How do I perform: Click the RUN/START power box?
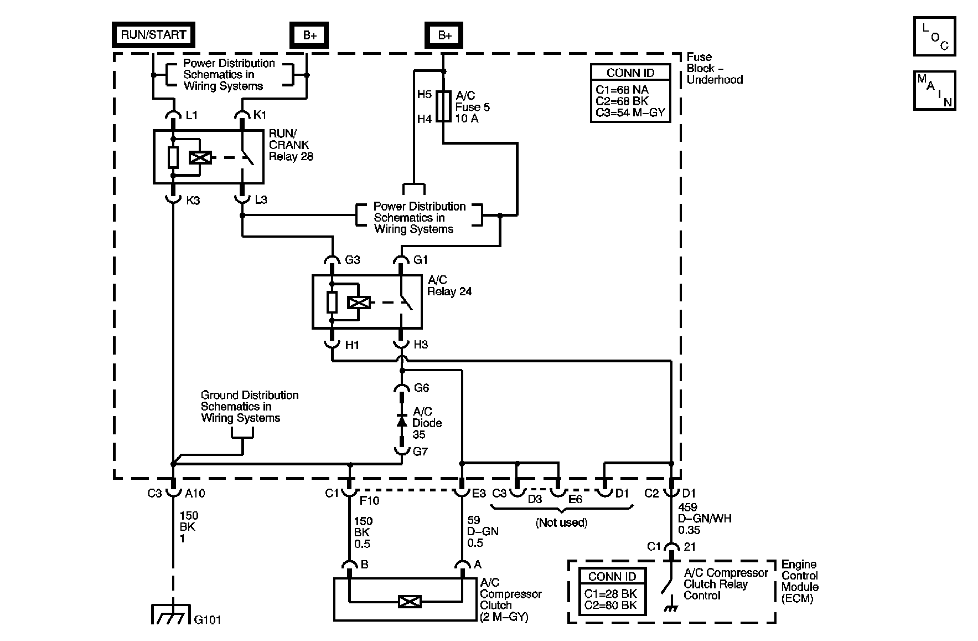point(153,34)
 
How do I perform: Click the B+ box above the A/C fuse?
point(444,35)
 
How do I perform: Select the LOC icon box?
point(935,37)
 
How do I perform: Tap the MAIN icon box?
point(934,90)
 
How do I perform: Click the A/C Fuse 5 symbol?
point(443,107)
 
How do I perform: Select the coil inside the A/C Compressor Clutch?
point(410,601)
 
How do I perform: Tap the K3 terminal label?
point(193,201)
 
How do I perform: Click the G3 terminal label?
point(352,259)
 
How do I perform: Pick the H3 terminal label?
point(421,345)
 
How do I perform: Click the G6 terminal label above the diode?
point(421,388)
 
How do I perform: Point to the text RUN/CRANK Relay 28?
point(291,145)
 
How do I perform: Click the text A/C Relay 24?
point(449,286)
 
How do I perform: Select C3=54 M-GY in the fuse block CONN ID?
point(630,113)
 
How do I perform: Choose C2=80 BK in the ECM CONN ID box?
point(610,605)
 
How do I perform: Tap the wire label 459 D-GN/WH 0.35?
point(704,519)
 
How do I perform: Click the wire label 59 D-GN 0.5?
point(483,531)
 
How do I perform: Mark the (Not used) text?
point(561,522)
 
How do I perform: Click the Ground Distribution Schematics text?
point(249,407)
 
